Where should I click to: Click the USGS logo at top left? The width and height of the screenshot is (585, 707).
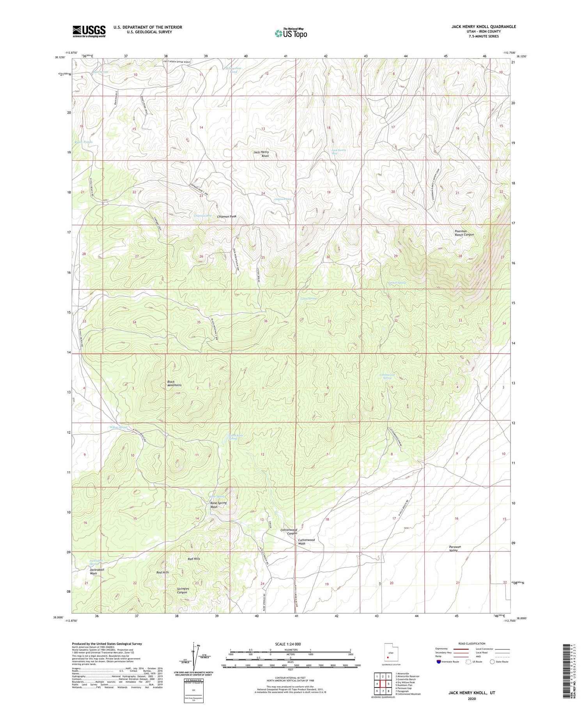click(x=89, y=31)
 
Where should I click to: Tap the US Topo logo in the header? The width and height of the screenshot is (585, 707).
click(x=291, y=33)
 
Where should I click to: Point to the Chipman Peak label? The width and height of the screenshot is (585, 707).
click(x=227, y=216)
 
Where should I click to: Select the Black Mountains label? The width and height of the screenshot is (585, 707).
click(x=174, y=383)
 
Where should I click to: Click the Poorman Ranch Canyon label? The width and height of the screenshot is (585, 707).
click(x=464, y=233)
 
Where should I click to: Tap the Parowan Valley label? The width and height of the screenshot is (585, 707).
click(x=455, y=548)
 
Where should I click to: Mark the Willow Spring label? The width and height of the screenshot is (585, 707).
click(x=119, y=428)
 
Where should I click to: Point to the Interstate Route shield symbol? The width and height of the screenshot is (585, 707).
click(x=439, y=662)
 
